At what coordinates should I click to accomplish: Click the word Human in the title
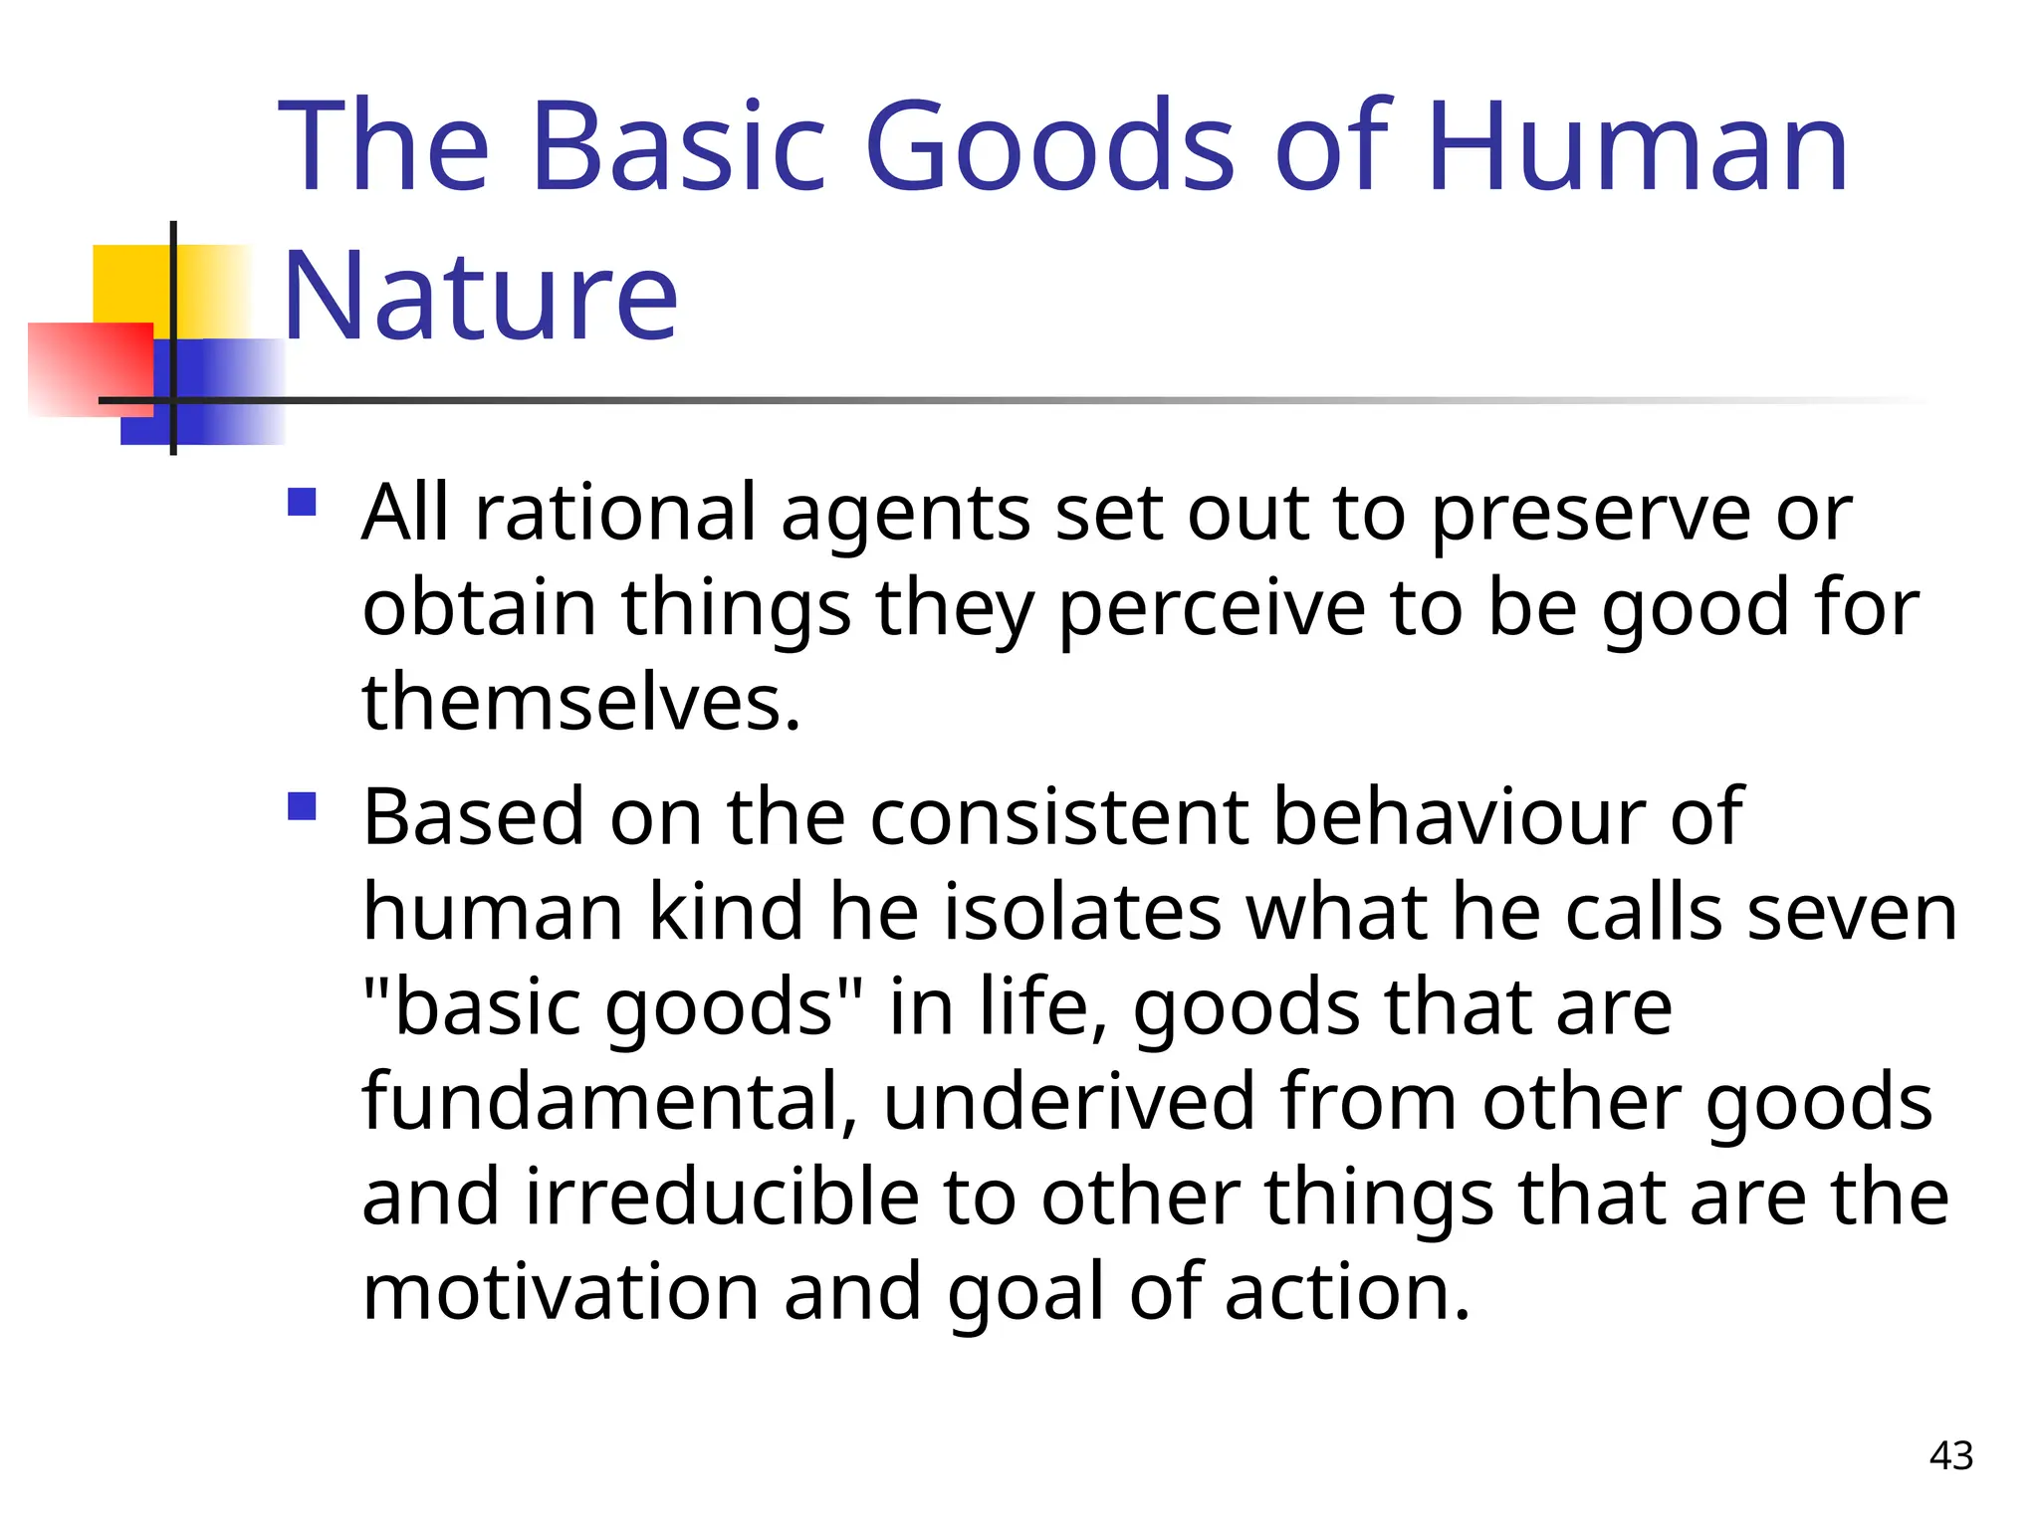pyautogui.click(x=1637, y=147)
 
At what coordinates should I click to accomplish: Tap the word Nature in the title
pyautogui.click(x=480, y=297)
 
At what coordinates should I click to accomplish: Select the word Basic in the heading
pyautogui.click(x=679, y=147)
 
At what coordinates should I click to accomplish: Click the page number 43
pyautogui.click(x=1950, y=1456)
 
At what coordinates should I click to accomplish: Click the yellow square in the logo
pyautogui.click(x=129, y=284)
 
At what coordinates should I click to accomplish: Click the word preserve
pyautogui.click(x=1590, y=516)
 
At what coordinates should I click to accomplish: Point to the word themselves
pyautogui.click(x=580, y=702)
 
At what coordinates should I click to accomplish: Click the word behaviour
pyautogui.click(x=1459, y=816)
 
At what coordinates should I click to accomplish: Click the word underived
pyautogui.click(x=1068, y=1101)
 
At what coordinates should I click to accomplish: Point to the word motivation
pyautogui.click(x=561, y=1292)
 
